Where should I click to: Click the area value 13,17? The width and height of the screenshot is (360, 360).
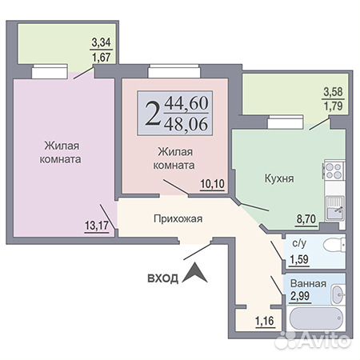pos(97,226)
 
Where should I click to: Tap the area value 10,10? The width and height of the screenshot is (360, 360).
pos(212,184)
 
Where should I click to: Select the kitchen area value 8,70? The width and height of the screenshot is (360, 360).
pos(306,219)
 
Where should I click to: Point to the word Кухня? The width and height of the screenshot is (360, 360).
pos(279,178)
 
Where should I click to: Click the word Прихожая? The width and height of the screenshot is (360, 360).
pos(178,218)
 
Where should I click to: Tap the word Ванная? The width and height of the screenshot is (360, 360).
pos(308,283)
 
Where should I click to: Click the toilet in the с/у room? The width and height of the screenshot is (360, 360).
pos(334,244)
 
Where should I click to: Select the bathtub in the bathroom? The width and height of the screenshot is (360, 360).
pos(316,318)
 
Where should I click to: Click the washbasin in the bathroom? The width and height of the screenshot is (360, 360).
pos(338,294)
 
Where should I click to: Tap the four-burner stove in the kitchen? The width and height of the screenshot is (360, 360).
pos(334,170)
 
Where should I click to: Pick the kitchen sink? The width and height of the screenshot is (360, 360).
pos(335,208)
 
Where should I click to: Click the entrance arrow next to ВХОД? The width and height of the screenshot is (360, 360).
pos(194,273)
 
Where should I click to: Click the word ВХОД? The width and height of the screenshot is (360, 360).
pos(162,278)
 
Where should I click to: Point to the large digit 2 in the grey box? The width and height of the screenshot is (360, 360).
pos(153,114)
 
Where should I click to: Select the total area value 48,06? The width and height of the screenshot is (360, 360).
pos(186,124)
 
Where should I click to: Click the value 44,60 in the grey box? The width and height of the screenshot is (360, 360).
pos(186,103)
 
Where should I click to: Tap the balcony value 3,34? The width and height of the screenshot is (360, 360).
pos(101,42)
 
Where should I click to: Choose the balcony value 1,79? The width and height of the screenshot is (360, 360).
pos(333,106)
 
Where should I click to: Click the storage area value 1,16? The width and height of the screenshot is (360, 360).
pos(265,321)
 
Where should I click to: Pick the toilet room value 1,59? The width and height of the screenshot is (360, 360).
pos(299,259)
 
